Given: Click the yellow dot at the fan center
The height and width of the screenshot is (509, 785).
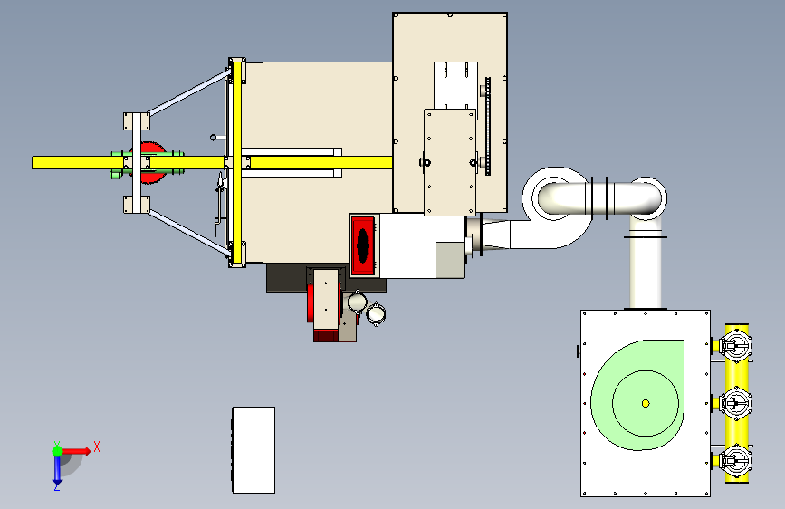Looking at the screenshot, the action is point(646,403).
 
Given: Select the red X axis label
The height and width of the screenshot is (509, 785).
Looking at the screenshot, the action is point(97,447).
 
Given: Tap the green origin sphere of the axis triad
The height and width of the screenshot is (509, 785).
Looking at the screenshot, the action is point(58,451).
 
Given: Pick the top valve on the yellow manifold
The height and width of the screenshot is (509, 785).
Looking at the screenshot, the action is point(735,345).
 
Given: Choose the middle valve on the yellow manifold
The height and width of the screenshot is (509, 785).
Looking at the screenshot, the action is point(735,403).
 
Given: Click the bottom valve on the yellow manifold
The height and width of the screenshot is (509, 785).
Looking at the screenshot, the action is point(735,461).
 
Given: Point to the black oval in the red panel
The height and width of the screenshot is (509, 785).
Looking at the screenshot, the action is point(362,245).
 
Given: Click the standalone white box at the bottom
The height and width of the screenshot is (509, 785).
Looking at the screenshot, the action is point(254,450).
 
